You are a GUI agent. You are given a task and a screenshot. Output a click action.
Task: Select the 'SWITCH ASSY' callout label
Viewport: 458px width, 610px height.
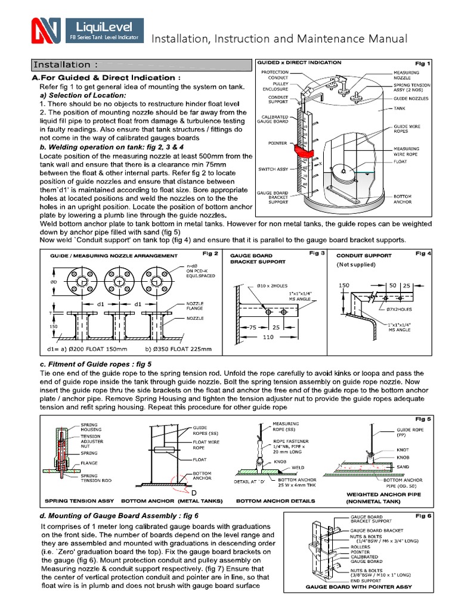(273, 169)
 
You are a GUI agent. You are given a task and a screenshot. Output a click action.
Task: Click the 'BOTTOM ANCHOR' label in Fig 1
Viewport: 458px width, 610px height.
(405, 200)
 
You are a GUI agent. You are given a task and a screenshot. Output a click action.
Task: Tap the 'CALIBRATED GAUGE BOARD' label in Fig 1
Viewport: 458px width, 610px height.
(272, 120)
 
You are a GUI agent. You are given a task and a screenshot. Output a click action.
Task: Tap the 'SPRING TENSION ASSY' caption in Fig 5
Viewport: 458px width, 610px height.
(77, 501)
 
